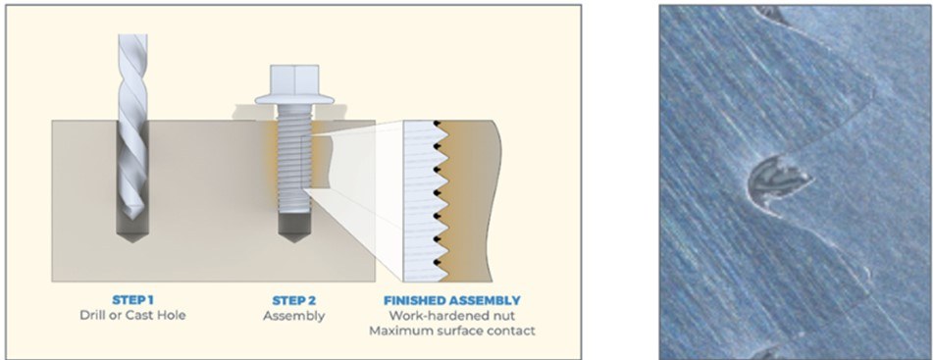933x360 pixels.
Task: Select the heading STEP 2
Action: point(293,300)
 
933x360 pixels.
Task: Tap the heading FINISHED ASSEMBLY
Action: point(451,300)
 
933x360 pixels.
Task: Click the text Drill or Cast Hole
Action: point(132,315)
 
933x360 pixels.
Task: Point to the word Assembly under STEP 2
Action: point(294,316)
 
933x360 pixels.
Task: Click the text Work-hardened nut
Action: point(451,316)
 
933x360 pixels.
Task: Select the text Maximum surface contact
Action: point(451,331)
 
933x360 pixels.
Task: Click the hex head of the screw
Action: point(294,79)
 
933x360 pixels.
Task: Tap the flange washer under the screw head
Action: point(294,99)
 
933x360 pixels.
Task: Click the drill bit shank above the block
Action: point(132,77)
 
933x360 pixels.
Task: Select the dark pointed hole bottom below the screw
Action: point(294,228)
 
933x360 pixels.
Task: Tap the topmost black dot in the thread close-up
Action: point(438,124)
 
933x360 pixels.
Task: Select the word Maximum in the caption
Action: point(397,331)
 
